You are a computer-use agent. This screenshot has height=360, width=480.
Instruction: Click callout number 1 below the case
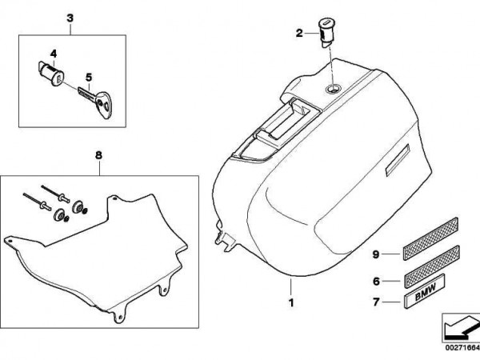click(291, 302)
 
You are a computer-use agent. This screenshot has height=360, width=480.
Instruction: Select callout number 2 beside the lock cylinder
click(299, 33)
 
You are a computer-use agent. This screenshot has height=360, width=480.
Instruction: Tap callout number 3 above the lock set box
click(70, 18)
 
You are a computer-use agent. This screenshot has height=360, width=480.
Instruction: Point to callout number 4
click(54, 54)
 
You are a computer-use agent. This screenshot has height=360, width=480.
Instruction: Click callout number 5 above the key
click(89, 78)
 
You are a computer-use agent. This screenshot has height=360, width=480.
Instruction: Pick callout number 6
click(376, 281)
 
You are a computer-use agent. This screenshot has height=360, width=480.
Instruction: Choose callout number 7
click(376, 302)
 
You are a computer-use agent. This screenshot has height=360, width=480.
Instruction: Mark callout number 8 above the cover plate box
click(98, 155)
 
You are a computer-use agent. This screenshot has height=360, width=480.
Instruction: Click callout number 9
click(376, 254)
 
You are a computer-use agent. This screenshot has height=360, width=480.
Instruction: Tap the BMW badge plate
click(424, 291)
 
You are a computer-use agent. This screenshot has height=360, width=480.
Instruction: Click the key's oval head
click(102, 104)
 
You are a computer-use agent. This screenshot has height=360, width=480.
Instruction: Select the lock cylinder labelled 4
click(51, 74)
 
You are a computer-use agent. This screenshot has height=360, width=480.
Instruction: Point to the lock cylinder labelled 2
click(326, 32)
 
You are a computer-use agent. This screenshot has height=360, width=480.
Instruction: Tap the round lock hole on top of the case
click(333, 89)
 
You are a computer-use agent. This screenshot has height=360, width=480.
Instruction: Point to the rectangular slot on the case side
click(398, 160)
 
